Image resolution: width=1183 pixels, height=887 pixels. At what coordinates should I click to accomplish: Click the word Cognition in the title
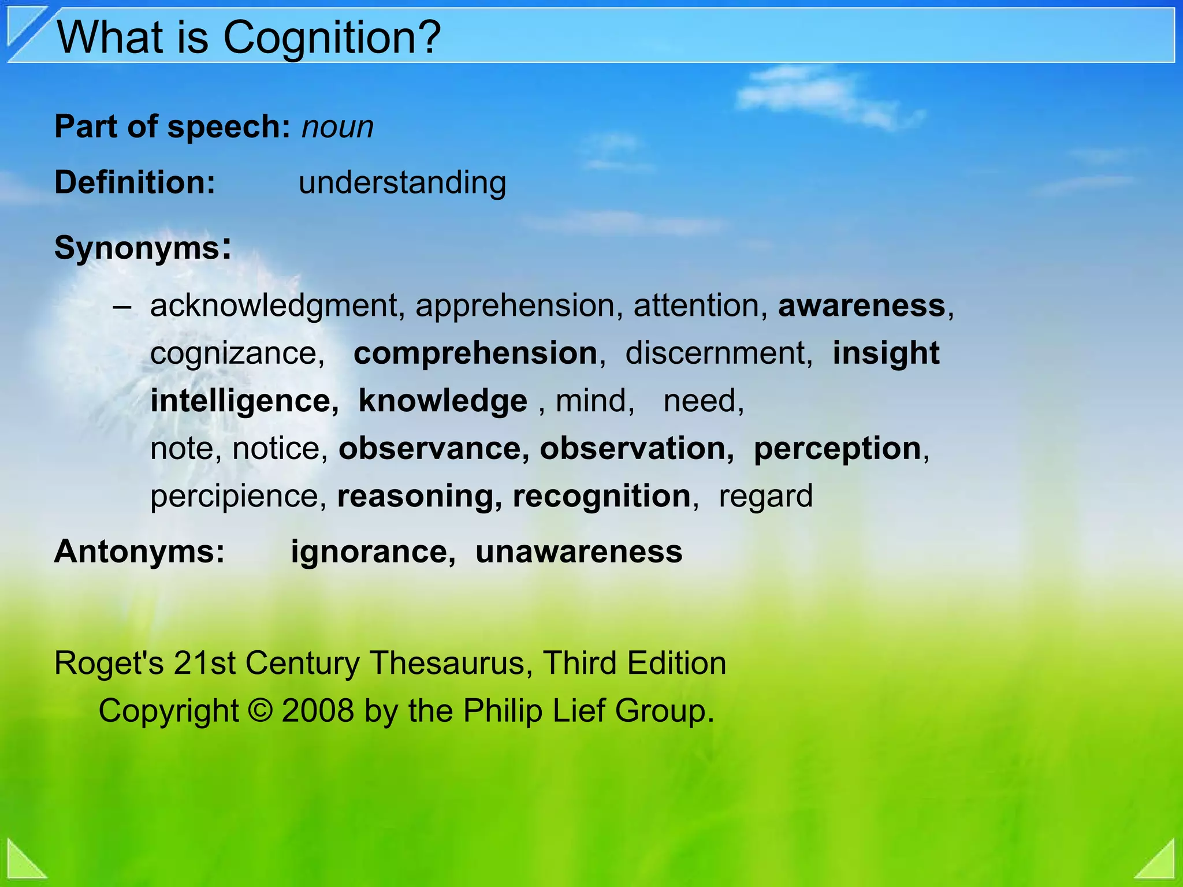pyautogui.click(x=332, y=38)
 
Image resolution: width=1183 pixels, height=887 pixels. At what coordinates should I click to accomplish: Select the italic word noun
pyautogui.click(x=337, y=127)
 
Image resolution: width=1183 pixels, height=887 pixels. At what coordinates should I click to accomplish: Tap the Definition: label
pyautogui.click(x=135, y=182)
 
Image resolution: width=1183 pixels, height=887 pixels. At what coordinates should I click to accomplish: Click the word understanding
pyautogui.click(x=402, y=182)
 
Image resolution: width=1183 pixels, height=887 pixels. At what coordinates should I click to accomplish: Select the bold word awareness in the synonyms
pyautogui.click(x=861, y=305)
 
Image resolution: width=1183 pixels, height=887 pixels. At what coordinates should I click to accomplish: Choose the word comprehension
pyautogui.click(x=475, y=353)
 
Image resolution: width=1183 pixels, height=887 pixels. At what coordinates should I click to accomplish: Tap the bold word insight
pyautogui.click(x=886, y=353)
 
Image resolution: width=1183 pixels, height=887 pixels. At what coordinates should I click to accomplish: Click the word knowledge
pyautogui.click(x=442, y=401)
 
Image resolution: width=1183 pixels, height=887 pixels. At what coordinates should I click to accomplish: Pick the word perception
pyautogui.click(x=837, y=449)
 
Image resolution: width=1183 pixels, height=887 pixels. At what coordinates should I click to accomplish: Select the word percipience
pyautogui.click(x=234, y=496)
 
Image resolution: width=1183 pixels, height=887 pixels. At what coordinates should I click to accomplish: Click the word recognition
pyautogui.click(x=601, y=496)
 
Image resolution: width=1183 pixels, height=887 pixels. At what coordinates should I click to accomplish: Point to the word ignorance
pyautogui.click(x=369, y=551)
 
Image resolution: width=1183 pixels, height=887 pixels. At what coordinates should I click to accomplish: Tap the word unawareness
pyautogui.click(x=578, y=551)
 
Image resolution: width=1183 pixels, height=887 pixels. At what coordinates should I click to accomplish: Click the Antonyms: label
pyautogui.click(x=139, y=551)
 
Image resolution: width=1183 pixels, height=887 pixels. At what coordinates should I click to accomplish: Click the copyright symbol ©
pyautogui.click(x=261, y=710)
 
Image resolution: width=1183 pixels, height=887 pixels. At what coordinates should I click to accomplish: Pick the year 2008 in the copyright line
pyautogui.click(x=318, y=710)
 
